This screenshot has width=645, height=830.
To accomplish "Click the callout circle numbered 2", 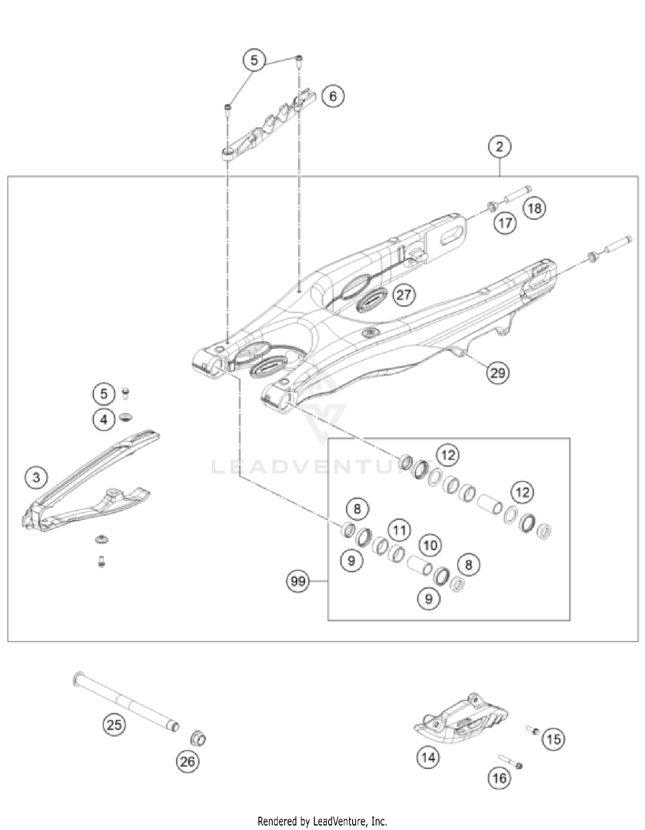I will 499,147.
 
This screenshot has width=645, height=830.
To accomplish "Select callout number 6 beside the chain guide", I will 333,96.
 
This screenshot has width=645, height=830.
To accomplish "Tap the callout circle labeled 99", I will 298,581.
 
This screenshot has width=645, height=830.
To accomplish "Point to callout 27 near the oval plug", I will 403,295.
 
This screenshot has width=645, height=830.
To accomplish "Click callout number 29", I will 498,372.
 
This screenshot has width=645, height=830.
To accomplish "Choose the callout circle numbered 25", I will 114,725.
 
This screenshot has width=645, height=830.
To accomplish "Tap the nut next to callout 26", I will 198,739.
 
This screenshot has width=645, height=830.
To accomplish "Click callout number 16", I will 499,778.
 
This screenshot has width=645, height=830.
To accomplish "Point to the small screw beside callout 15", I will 533,730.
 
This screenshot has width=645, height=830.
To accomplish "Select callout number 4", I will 104,419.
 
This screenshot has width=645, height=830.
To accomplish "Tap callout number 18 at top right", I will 534,208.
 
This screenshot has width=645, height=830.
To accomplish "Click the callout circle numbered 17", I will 505,223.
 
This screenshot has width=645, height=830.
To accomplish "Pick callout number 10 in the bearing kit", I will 430,546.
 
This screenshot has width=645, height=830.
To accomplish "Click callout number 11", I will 399,530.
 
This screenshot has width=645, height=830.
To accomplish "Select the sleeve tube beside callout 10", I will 419,565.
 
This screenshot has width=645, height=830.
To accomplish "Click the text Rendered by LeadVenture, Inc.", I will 322,821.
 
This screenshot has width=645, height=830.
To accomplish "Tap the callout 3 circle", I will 36,477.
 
